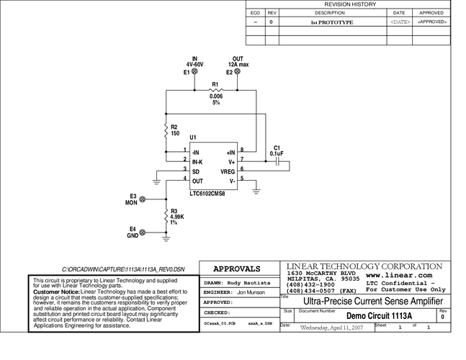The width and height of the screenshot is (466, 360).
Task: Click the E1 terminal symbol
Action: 194,72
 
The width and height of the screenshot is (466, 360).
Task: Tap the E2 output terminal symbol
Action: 238,72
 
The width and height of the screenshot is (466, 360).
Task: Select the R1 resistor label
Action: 215,84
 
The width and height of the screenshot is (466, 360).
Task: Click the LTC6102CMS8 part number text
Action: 207,194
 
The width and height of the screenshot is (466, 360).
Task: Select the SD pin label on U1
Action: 196,171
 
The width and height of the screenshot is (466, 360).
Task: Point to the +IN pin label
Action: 230,153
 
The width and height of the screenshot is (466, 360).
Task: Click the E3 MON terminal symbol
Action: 142,199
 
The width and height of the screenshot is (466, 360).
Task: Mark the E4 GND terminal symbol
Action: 142,232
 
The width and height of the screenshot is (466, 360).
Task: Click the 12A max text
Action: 238,65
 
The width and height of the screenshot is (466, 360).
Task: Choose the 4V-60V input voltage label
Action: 194,65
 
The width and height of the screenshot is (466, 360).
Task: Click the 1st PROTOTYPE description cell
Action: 331,22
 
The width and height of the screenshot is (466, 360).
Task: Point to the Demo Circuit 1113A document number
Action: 379,316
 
